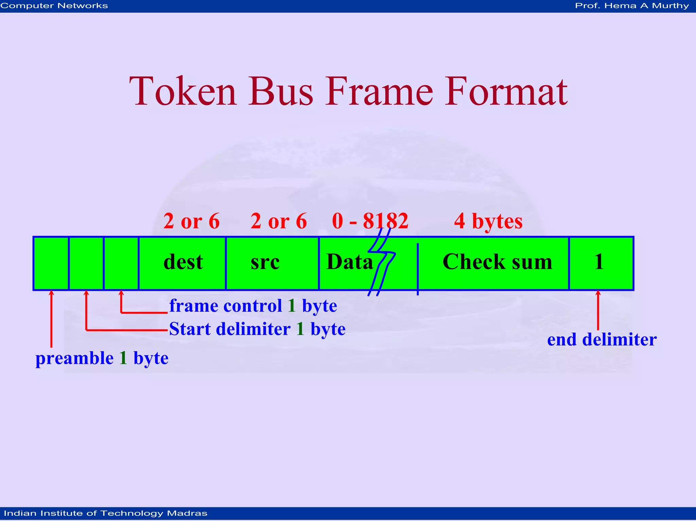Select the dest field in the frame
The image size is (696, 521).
point(183,262)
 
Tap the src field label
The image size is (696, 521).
point(265,262)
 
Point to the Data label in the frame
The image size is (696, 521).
point(349,262)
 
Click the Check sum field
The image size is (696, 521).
point(497,262)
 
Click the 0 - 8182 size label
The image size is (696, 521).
point(370,221)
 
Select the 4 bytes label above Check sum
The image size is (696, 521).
point(488,221)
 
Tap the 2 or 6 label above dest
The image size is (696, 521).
point(191,221)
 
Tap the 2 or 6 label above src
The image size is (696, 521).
point(279,221)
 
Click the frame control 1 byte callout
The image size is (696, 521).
point(253,306)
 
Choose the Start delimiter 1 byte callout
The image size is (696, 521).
point(257,329)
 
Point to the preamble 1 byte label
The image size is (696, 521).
point(102,358)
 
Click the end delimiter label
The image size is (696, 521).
point(602,340)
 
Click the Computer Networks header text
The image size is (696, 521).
point(54,6)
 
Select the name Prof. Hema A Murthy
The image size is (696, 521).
point(631,6)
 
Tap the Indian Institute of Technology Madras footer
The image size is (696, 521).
point(105,513)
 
